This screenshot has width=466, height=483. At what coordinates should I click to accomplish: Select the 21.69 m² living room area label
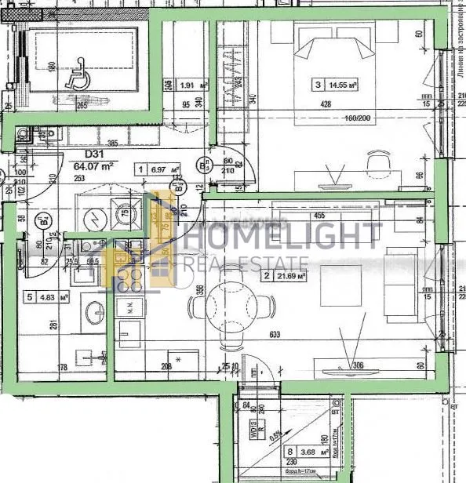click(286, 275)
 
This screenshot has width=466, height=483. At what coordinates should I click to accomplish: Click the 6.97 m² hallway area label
click(157, 169)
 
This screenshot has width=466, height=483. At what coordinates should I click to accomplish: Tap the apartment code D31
click(84, 154)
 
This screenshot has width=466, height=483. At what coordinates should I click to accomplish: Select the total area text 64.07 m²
click(94, 166)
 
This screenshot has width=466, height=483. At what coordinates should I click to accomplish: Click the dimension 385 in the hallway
click(111, 143)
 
